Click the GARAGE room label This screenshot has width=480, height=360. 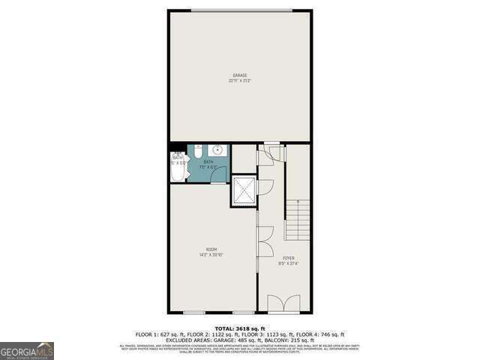(x=239, y=75)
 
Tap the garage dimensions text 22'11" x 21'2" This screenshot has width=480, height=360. (x=239, y=80)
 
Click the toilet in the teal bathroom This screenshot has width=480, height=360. (x=196, y=152)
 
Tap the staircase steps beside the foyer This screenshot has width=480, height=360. (x=298, y=219)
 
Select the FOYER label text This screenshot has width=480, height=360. (x=289, y=258)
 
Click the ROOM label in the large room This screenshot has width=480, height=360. (x=211, y=250)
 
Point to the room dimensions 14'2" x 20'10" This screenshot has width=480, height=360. (x=211, y=255)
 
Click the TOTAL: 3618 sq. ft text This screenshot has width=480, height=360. (x=240, y=328)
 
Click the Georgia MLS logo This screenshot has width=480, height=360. (x=27, y=350)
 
